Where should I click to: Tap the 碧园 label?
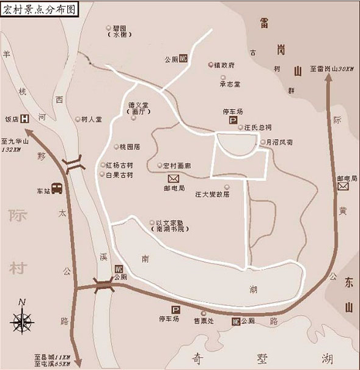tap(119, 28)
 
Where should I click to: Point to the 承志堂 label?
tap(230, 84)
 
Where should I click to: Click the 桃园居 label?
tap(130, 147)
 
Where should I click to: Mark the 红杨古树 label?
tap(119, 165)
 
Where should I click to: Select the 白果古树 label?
tap(119, 175)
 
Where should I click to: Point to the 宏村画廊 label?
tap(177, 166)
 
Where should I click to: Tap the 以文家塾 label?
tap(170, 223)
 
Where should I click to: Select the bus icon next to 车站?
tap(56, 189)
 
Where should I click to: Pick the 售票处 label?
tap(204, 321)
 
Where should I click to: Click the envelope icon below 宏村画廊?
tap(173, 178)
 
